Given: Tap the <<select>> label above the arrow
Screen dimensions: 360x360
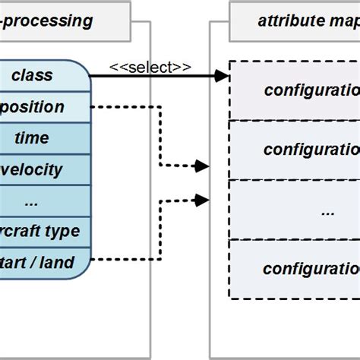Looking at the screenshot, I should tap(150, 67).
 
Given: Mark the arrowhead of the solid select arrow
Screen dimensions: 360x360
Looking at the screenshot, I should tap(222, 75).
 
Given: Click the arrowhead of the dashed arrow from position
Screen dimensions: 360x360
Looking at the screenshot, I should tap(203, 165).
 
